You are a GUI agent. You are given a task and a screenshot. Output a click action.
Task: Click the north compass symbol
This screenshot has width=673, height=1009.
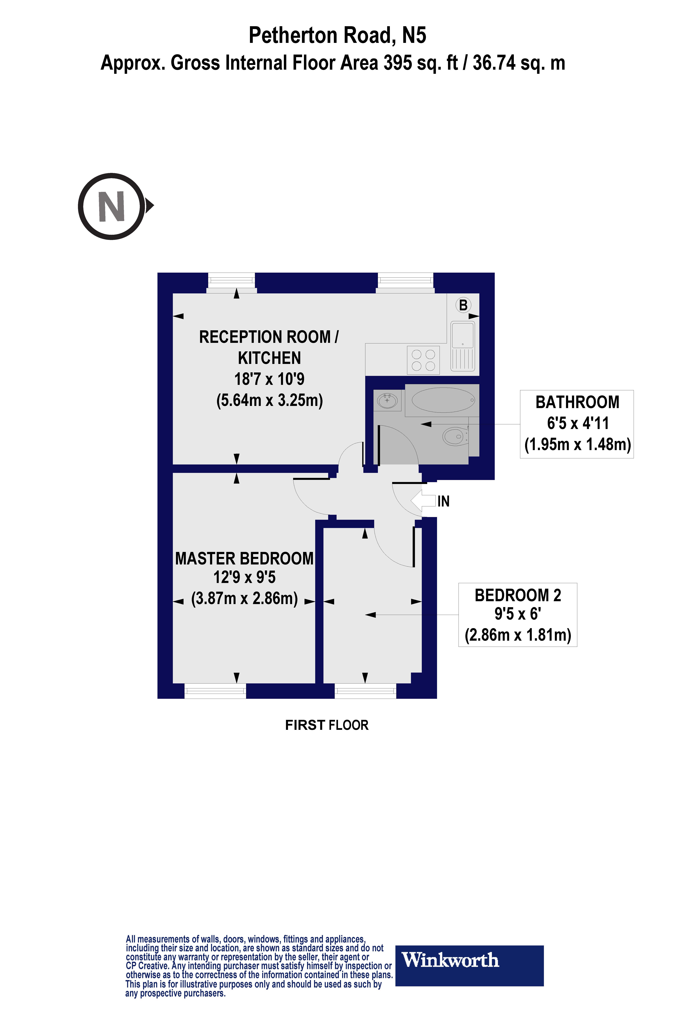pos(112,206)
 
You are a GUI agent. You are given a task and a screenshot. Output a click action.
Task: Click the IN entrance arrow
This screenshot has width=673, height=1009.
pos(423,501)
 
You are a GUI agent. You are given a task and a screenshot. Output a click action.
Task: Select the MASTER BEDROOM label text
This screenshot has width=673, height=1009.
pos(244,559)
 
